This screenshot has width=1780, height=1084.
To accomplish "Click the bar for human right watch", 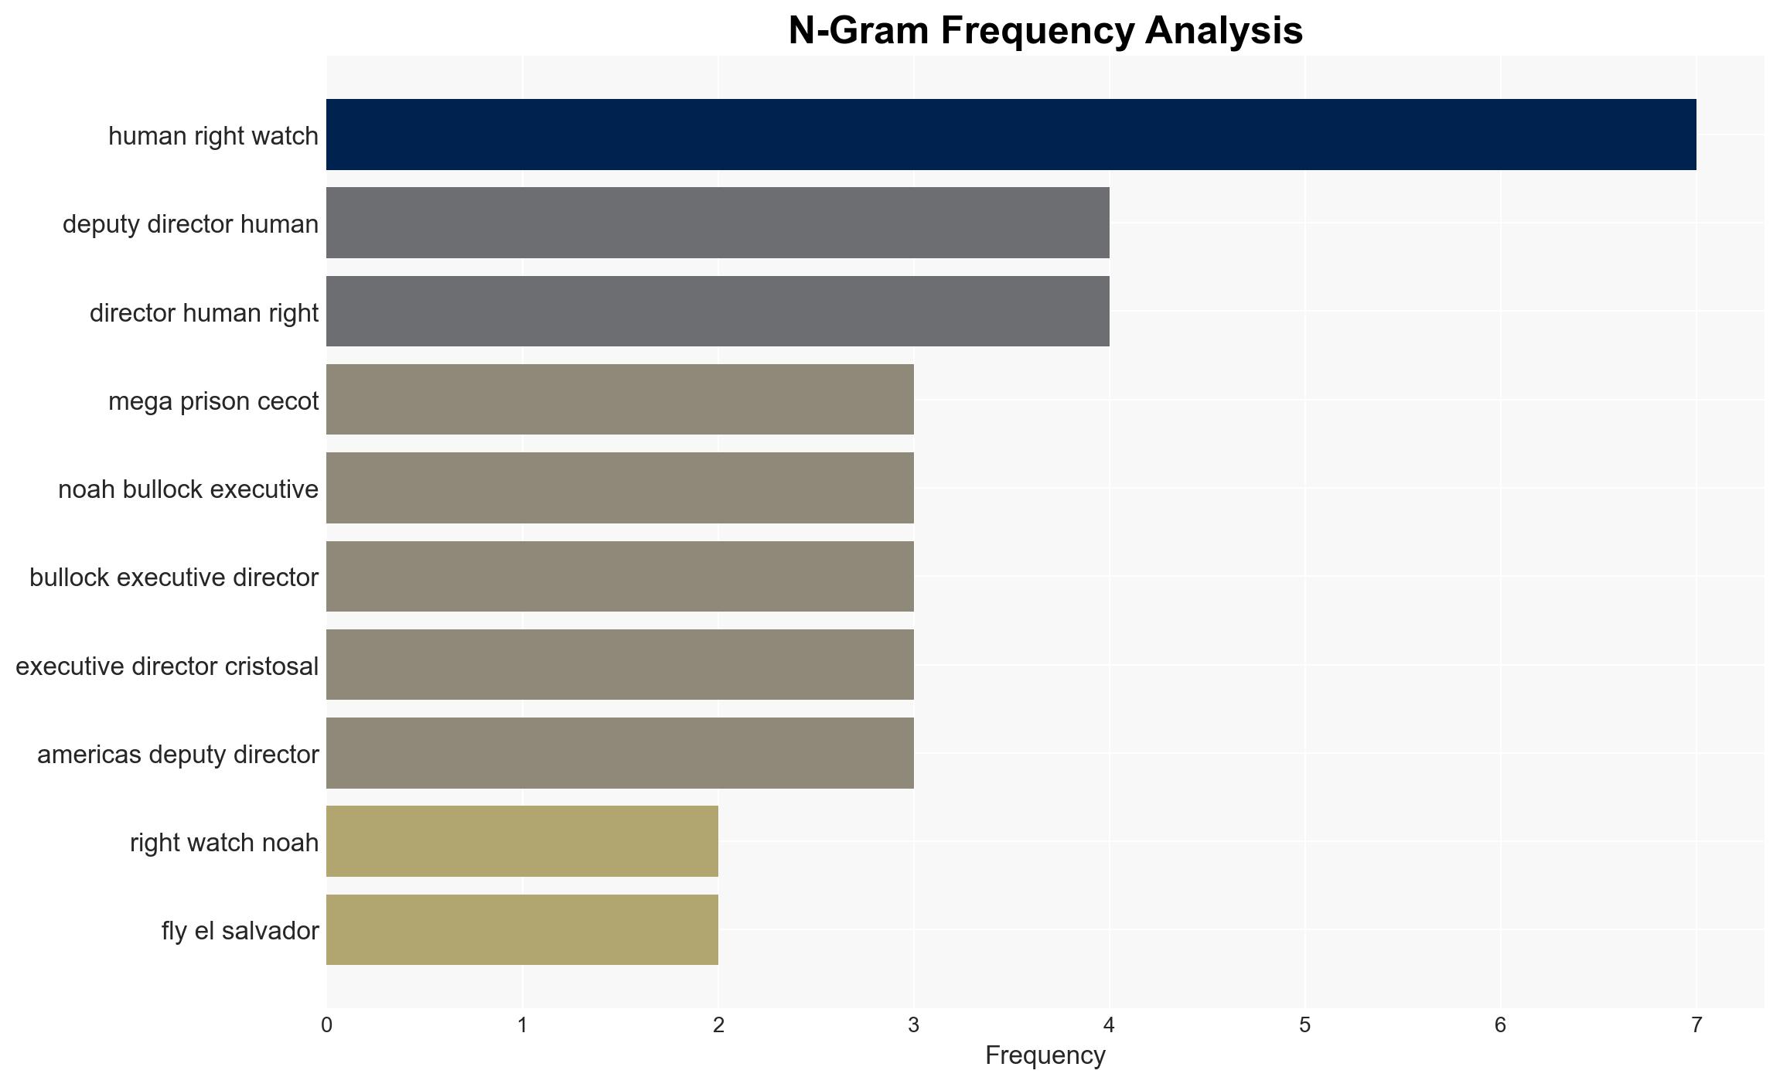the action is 1011,135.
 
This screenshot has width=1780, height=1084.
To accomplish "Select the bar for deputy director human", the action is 718,223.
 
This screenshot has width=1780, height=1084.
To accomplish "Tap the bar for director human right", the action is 718,311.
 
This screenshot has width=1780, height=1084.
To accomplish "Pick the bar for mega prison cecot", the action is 620,400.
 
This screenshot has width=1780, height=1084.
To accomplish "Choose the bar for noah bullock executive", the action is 620,488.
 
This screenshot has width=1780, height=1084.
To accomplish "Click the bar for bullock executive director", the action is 620,576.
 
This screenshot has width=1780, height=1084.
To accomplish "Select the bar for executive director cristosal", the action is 620,665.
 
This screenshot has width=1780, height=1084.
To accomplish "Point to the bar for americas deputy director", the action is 620,753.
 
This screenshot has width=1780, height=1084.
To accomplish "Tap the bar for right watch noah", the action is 522,841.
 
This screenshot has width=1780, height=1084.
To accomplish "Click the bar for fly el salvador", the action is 522,930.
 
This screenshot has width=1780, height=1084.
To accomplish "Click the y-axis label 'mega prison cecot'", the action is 213,401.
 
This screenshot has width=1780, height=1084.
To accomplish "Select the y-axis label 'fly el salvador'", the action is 240,931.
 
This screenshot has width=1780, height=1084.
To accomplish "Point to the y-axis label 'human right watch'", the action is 213,136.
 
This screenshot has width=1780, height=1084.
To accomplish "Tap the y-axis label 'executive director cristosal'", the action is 167,666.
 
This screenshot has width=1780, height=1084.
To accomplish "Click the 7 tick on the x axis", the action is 1696,1025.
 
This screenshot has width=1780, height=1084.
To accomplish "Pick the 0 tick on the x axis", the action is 326,1025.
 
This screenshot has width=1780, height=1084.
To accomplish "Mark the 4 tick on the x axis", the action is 1110,1025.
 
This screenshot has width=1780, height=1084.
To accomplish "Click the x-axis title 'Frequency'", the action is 1045,1056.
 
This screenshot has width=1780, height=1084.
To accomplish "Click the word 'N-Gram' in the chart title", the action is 859,31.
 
